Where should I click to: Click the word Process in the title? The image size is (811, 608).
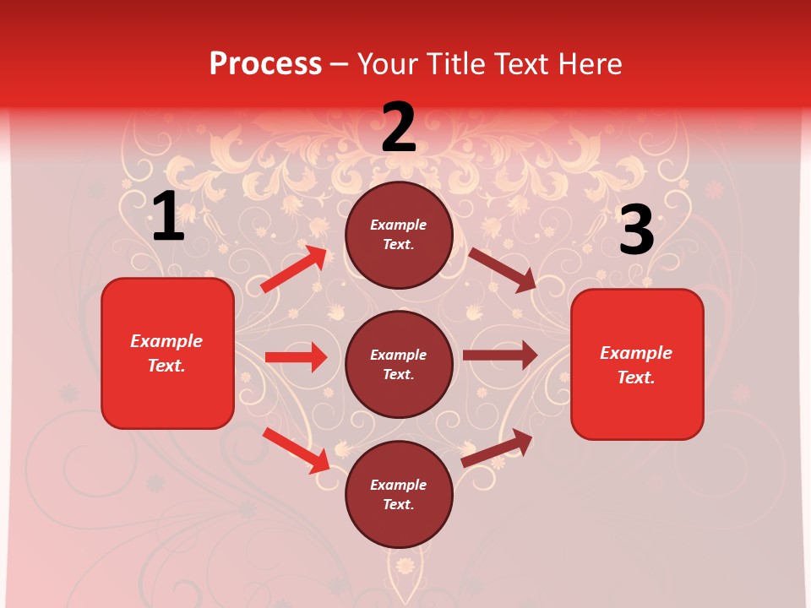click(265, 63)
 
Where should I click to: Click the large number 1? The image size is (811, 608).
click(168, 217)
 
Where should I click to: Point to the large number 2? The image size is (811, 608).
click(399, 128)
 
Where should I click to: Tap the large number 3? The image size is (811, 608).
click(636, 231)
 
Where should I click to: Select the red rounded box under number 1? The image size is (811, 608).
click(167, 353)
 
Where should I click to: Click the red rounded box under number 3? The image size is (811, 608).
click(637, 365)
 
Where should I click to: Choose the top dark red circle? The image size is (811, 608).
click(399, 235)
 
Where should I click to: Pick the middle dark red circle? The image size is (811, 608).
click(399, 364)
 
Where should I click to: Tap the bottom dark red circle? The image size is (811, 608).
click(399, 494)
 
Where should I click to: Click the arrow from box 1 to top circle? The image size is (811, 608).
click(293, 269)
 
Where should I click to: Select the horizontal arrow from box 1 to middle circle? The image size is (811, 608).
click(296, 357)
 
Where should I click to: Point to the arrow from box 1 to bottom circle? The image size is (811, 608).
click(297, 450)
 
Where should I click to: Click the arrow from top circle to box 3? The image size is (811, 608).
click(503, 269)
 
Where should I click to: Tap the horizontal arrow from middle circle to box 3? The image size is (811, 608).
click(499, 355)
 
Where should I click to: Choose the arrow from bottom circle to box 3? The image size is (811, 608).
click(497, 448)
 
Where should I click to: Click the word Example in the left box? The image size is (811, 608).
click(166, 341)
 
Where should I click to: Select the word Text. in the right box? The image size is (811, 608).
click(636, 377)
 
